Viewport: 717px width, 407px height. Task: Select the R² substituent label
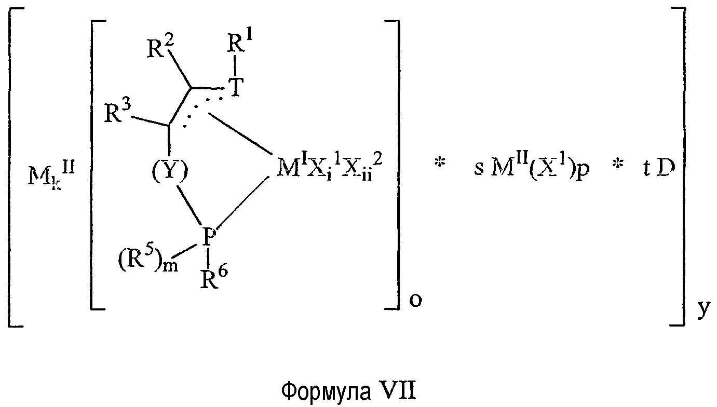160,47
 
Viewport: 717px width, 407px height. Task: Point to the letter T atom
236,87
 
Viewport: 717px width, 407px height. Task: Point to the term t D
658,169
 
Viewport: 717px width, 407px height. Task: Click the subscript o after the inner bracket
415,301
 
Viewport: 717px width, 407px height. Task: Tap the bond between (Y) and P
189,206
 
